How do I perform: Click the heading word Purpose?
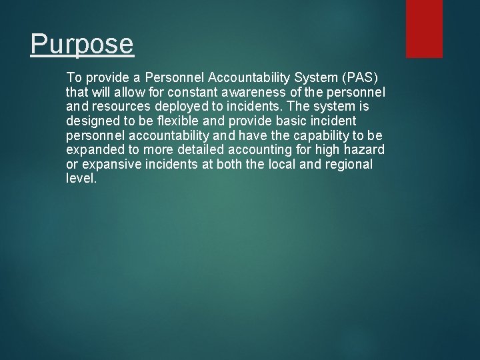tap(82, 45)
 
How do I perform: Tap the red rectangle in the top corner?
tap(424, 28)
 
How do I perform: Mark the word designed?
tap(91, 121)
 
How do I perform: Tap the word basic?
tap(283, 121)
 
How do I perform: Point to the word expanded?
tap(93, 149)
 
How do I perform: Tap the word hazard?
tap(366, 149)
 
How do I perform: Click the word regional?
tap(349, 164)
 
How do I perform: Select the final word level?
tap(81, 178)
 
